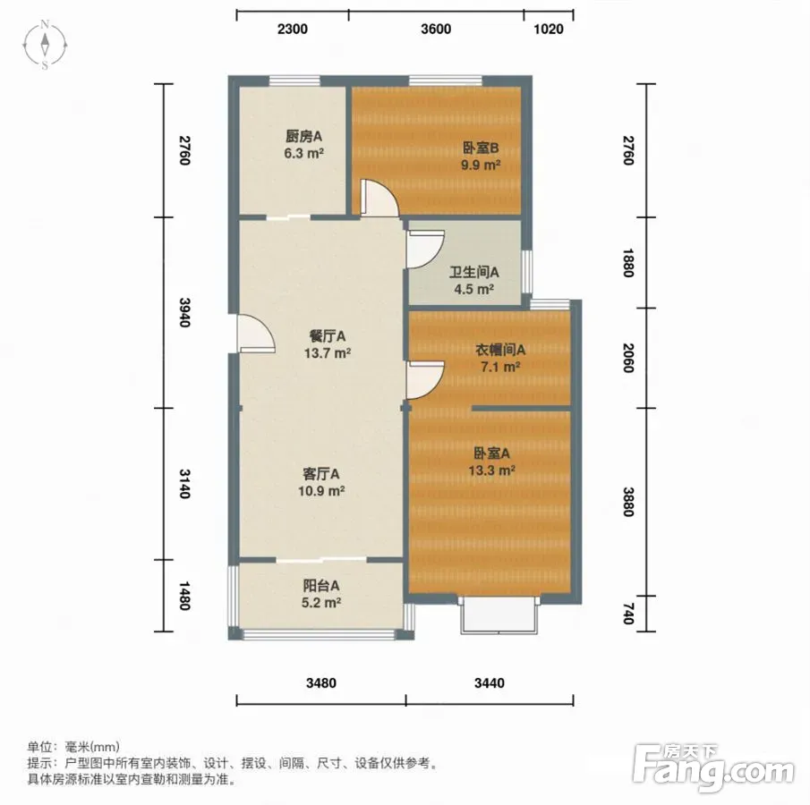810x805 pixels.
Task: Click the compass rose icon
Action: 45,45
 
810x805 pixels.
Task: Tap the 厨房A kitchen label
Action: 303,136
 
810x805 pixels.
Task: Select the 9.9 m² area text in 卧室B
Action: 481,165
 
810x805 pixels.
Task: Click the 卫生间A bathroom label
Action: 473,272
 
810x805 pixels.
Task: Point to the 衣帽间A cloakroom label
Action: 500,350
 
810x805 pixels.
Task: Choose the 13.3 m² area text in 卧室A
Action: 491,470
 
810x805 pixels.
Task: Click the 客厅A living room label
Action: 320,473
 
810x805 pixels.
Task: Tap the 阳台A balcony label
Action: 320,586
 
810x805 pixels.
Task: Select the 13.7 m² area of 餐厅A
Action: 328,353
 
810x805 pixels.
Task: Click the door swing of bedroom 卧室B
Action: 379,198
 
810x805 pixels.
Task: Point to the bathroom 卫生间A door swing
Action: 425,250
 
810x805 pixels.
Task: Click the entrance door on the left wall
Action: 256,334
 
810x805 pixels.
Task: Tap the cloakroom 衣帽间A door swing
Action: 425,380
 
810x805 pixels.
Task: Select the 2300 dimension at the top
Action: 293,29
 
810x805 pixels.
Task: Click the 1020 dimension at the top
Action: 548,29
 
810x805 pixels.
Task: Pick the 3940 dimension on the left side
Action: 184,312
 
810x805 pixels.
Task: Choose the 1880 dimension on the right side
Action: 627,263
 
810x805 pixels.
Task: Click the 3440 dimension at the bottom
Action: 490,683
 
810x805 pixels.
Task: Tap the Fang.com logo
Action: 713,767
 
